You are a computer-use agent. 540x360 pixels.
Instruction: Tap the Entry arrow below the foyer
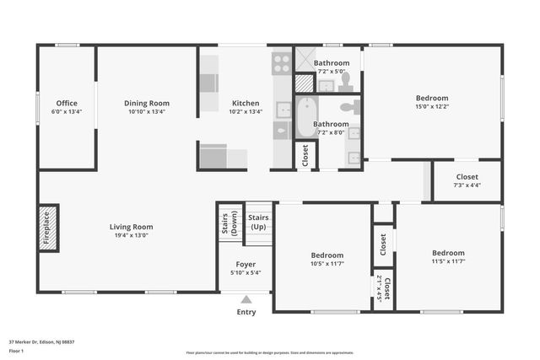click(246, 298)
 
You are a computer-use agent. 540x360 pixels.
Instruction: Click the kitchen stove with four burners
click(281, 61)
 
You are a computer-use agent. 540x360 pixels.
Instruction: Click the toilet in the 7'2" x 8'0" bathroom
click(355, 106)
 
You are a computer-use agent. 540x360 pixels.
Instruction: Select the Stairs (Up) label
click(258, 223)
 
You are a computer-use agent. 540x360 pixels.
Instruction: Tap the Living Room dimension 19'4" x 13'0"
click(131, 236)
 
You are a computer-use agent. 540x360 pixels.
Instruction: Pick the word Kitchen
click(246, 104)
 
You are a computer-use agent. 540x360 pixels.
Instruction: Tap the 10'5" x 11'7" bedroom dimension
click(327, 265)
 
